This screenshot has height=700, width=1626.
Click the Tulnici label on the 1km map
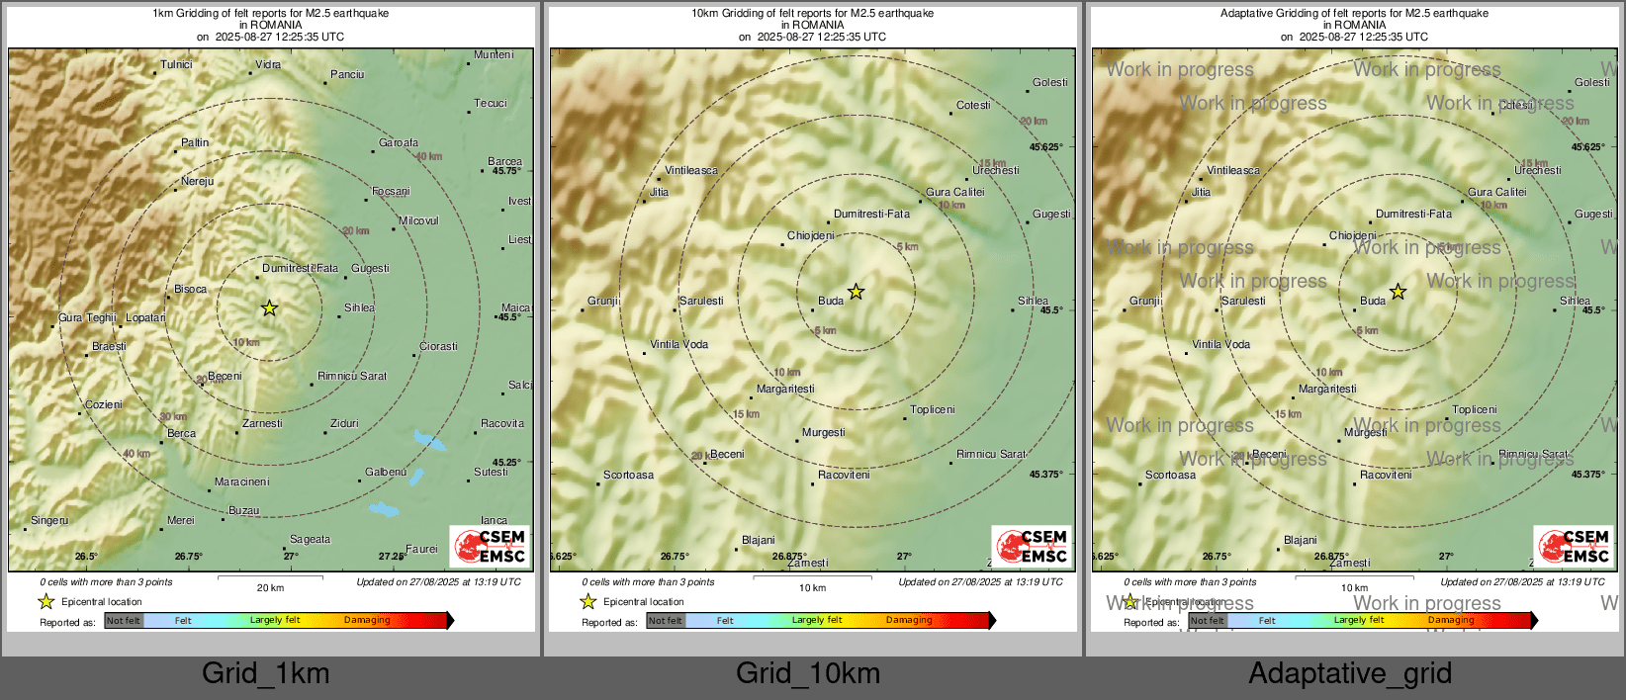[176, 65]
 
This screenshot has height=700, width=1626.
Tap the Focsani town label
[391, 192]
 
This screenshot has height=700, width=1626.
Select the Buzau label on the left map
[243, 511]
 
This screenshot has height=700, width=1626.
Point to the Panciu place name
[347, 75]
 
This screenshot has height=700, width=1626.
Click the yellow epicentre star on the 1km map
[269, 308]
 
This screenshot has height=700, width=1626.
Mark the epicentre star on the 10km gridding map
[856, 292]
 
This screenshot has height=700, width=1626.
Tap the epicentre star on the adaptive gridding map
[1398, 292]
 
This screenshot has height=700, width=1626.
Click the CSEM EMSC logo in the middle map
[1032, 546]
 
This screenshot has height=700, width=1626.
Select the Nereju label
[197, 182]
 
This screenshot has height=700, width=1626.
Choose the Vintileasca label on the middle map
[691, 171]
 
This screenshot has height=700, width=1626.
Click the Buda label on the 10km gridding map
[831, 302]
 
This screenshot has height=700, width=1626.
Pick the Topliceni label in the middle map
[933, 410]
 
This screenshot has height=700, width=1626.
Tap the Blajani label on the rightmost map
[1300, 541]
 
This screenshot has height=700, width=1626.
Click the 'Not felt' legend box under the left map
[124, 621]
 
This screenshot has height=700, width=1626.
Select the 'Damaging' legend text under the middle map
[909, 621]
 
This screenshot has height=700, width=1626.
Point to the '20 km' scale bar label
[270, 588]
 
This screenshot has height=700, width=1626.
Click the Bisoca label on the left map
[191, 290]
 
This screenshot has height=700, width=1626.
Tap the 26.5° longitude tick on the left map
[86, 557]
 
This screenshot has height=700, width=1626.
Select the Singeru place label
[50, 521]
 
